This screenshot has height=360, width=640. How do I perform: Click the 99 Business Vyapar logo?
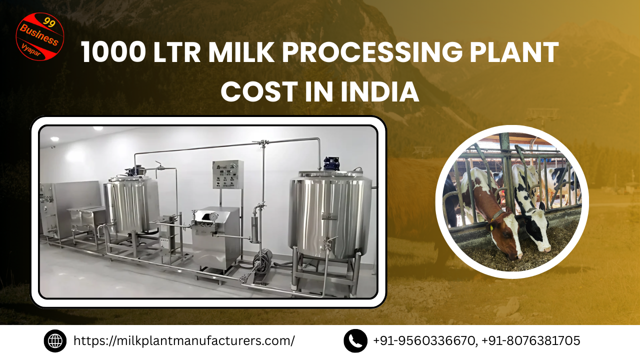point(40,36)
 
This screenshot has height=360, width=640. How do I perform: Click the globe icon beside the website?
point(55,341)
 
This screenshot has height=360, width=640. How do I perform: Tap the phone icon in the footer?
point(355,341)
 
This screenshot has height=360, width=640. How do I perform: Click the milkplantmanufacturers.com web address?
point(184,341)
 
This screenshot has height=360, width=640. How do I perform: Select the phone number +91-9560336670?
point(424,341)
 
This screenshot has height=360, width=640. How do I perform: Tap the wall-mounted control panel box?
point(227,174)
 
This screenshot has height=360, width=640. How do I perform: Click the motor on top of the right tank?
point(331,163)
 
